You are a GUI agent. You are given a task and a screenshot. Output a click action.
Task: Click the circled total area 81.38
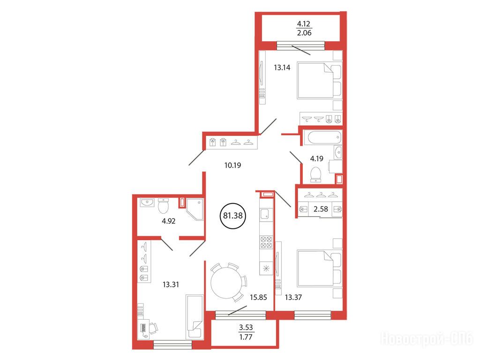click(x=232, y=216)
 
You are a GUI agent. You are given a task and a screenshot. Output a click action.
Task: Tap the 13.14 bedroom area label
click(x=282, y=67)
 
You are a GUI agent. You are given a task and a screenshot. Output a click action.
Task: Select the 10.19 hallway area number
click(x=232, y=165)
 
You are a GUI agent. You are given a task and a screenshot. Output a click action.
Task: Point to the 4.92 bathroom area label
click(x=168, y=221)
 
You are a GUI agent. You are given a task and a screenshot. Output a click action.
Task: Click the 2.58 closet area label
click(x=321, y=209)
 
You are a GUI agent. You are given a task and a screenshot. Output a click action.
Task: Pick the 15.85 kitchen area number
click(x=258, y=297)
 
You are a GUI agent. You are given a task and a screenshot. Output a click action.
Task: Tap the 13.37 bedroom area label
click(x=293, y=297)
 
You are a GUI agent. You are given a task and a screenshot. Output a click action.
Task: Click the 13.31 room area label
click(x=171, y=285)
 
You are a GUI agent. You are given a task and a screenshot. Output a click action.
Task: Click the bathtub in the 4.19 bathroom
click(x=324, y=137)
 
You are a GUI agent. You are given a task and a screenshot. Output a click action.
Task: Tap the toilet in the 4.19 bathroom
click(x=315, y=174)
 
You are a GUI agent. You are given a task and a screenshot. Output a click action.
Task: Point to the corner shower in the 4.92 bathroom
click(x=195, y=210)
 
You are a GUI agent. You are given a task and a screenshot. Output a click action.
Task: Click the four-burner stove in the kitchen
click(x=266, y=242)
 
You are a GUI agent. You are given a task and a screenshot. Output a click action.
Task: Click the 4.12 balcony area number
click(x=304, y=23)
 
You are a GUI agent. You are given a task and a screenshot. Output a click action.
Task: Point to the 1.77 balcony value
click(x=246, y=337)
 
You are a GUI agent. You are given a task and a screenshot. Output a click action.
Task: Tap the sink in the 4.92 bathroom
click(x=147, y=202)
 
